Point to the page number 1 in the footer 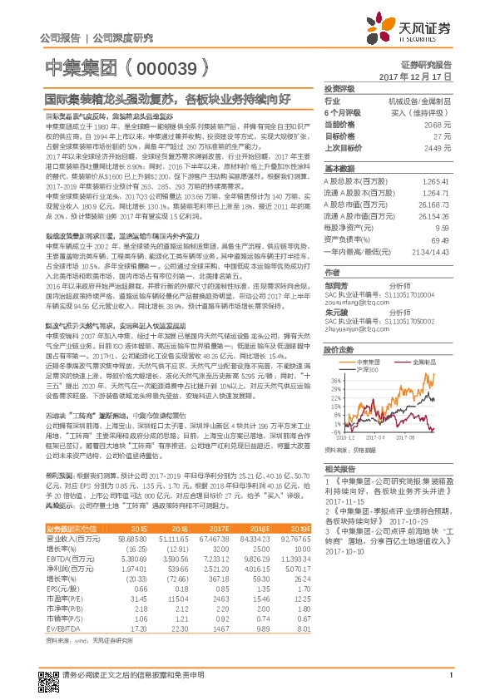click(449, 684)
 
